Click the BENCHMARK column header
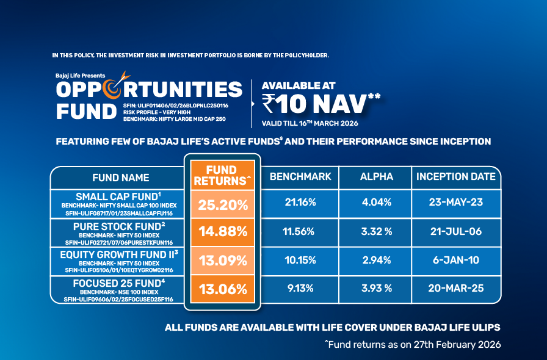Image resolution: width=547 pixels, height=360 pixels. (x=300, y=177)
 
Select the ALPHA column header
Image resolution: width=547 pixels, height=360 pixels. (x=376, y=177)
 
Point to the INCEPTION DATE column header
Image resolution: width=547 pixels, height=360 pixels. (x=455, y=177)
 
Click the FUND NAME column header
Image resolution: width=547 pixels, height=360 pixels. (x=120, y=178)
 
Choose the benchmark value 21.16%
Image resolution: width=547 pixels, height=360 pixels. (x=300, y=203)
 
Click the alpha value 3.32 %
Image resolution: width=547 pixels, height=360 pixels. (x=376, y=232)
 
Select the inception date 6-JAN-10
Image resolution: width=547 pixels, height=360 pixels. (x=455, y=261)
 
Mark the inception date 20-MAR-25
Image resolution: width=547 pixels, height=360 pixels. (x=455, y=289)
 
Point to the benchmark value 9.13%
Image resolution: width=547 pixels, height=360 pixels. (x=300, y=289)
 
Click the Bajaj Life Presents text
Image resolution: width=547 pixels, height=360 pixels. (x=80, y=75)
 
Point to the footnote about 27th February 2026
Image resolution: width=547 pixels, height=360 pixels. (x=413, y=345)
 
